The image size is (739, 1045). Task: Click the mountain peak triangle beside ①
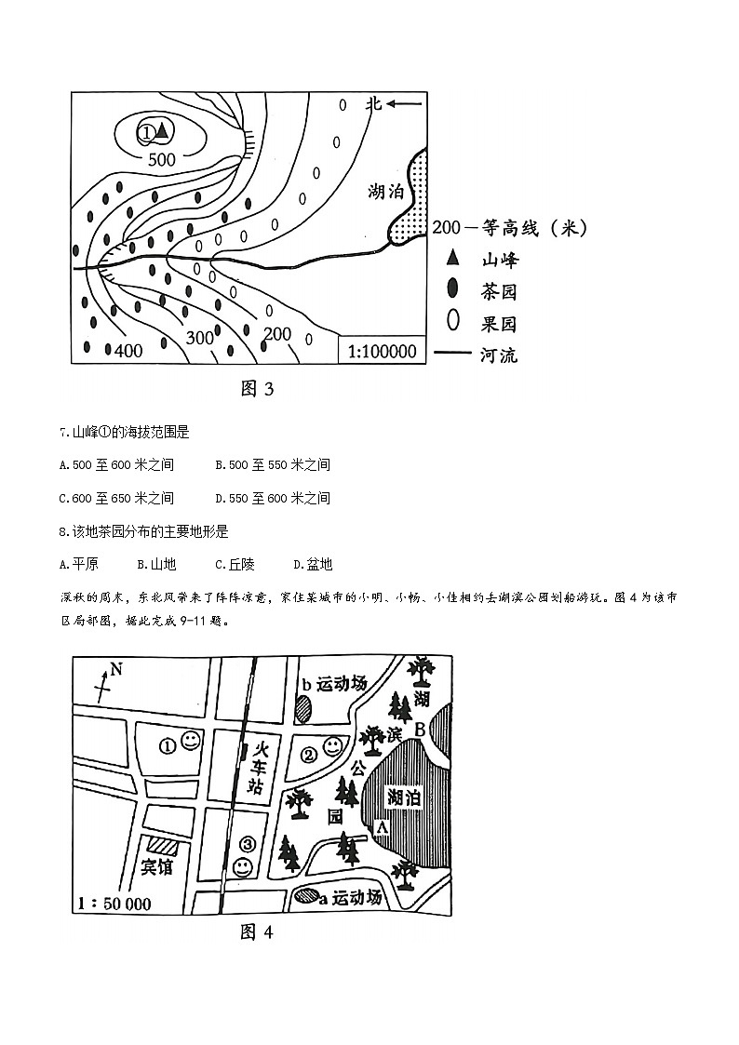pyautogui.click(x=161, y=131)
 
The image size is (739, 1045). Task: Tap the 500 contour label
pyautogui.click(x=161, y=159)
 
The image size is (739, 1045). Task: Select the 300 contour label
pyautogui.click(x=200, y=338)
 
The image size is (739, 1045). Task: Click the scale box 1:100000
pyautogui.click(x=382, y=352)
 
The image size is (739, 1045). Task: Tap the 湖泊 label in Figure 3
pyautogui.click(x=385, y=194)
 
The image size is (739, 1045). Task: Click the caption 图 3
pyautogui.click(x=257, y=389)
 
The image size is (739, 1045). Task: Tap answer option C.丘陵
pyautogui.click(x=235, y=564)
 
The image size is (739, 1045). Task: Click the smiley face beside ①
pyautogui.click(x=190, y=742)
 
